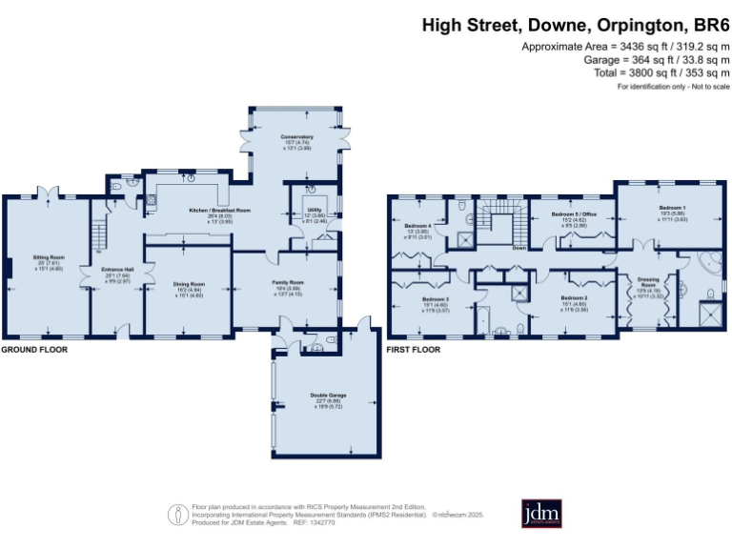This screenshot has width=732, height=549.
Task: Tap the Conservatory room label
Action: (296, 137)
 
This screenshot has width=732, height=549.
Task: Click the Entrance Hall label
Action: (117, 269)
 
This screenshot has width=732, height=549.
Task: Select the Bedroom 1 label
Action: (671, 207)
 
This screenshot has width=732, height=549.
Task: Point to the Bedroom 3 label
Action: (435, 298)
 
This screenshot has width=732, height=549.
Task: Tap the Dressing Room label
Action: (648, 281)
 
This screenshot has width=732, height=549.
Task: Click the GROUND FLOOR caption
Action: (33, 350)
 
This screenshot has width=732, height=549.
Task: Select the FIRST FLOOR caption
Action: (413, 350)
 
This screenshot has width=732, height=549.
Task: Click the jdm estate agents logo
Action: (541, 513)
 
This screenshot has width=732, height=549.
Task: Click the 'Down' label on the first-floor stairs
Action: (518, 249)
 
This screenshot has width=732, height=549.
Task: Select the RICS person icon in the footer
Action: (177, 514)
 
